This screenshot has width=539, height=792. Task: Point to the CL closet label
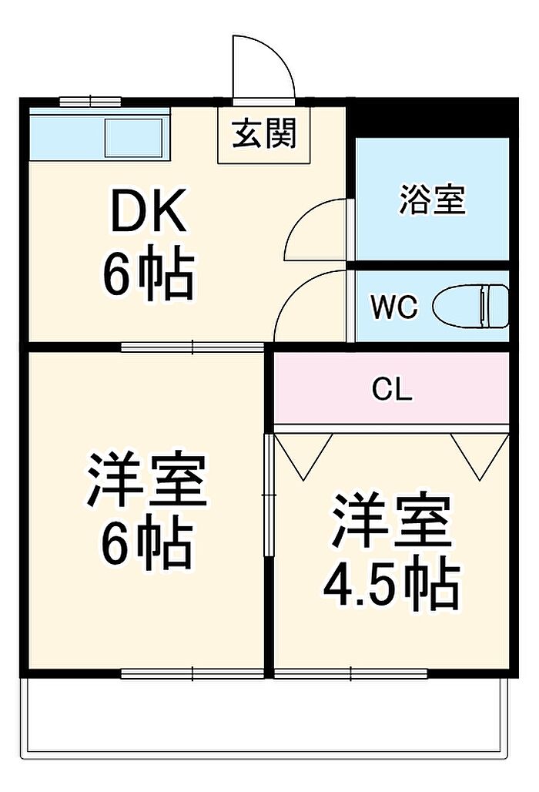point(392,390)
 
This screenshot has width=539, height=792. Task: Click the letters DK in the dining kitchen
point(149,213)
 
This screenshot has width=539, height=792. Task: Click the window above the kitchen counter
point(90,101)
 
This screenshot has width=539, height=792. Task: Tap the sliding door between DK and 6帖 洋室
point(192,347)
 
